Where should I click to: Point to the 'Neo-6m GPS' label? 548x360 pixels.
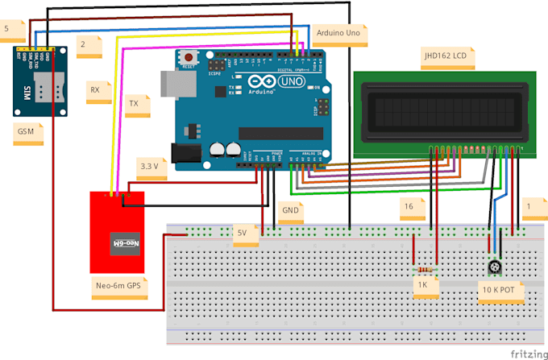point(119,285)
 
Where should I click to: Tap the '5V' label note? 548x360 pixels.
point(243,232)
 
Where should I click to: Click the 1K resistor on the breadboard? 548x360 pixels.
point(425,270)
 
